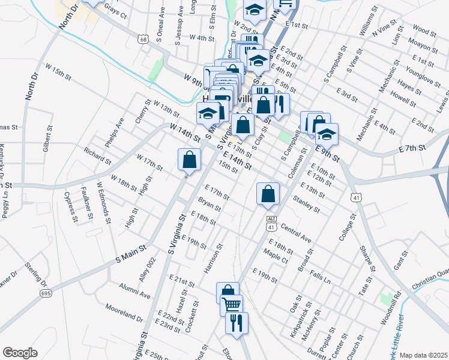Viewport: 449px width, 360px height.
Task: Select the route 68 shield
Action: click(x=142, y=40)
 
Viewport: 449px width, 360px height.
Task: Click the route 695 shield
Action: click(x=46, y=293)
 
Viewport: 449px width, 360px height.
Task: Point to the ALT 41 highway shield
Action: click(x=271, y=223)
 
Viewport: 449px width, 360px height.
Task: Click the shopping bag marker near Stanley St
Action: click(x=268, y=194)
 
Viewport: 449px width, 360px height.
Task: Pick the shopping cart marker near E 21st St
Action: click(x=232, y=305)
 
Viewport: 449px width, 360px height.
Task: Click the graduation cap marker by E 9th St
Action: click(x=327, y=134)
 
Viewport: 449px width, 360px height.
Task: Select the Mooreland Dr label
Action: click(x=124, y=312)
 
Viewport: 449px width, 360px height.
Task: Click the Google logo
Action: click(x=20, y=353)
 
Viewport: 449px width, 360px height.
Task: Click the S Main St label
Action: click(x=131, y=253)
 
